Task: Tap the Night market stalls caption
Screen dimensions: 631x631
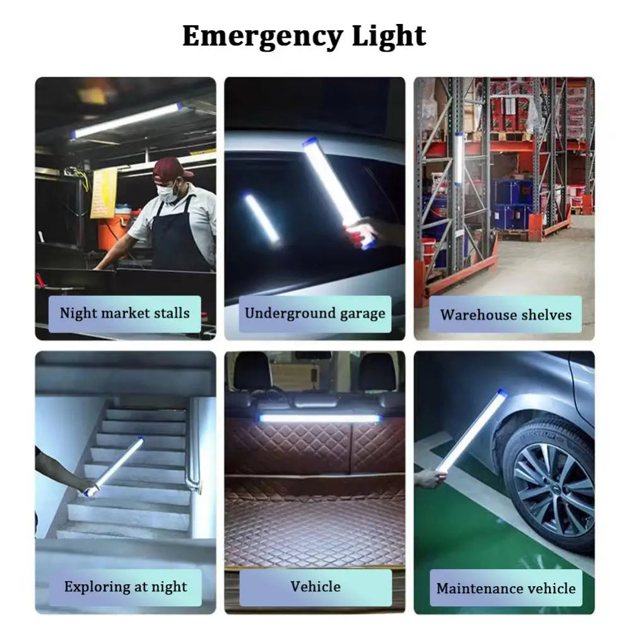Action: click(125, 314)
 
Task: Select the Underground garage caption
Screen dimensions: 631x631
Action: click(315, 314)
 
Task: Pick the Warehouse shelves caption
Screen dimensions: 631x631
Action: click(505, 314)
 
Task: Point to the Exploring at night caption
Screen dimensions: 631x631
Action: click(125, 587)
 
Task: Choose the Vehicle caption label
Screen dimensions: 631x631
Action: click(315, 587)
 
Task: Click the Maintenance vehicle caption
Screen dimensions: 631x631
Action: click(505, 588)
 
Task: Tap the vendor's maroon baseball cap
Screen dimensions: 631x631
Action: click(171, 168)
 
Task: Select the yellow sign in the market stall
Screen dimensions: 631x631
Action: click(103, 193)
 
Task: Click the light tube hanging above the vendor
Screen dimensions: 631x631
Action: click(126, 121)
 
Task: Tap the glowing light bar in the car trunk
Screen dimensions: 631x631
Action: click(319, 418)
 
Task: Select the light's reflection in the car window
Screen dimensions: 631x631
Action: click(261, 218)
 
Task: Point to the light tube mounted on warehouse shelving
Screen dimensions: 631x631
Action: click(459, 158)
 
